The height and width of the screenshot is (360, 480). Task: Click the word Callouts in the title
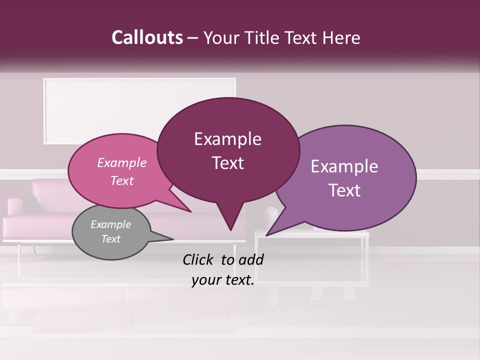click(x=147, y=37)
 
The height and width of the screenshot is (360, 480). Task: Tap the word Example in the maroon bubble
click(x=227, y=139)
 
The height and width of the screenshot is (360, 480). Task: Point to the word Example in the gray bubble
click(x=110, y=224)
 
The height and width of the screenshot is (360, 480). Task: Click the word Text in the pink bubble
click(x=121, y=181)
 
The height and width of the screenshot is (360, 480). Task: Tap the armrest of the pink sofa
click(x=14, y=207)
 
